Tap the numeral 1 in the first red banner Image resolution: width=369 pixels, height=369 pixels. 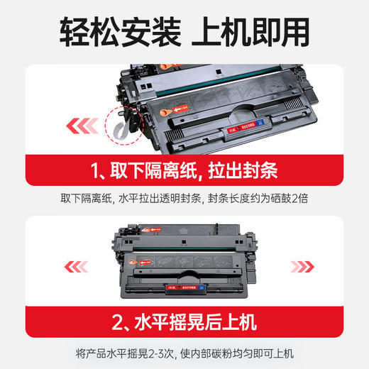[96, 171]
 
